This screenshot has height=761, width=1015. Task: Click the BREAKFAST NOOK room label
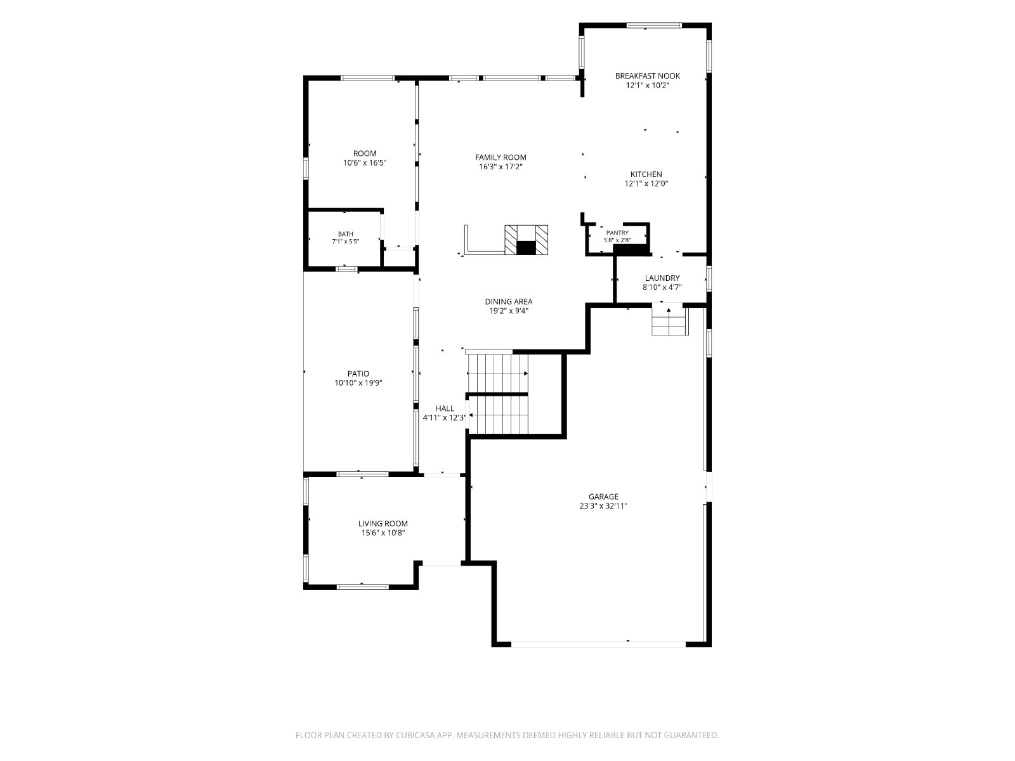(x=648, y=75)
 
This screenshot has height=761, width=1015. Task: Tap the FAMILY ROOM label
(x=501, y=157)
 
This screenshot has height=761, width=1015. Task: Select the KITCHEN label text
(x=646, y=174)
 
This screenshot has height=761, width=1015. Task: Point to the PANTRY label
(x=617, y=233)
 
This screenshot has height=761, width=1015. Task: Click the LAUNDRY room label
(x=662, y=278)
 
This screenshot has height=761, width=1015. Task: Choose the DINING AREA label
(x=509, y=302)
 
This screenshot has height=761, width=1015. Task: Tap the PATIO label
(x=358, y=374)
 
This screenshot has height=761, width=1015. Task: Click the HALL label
(x=445, y=408)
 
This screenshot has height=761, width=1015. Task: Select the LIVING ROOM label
(x=383, y=524)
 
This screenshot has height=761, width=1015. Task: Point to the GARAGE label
(x=603, y=497)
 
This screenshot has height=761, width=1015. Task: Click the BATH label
(x=346, y=234)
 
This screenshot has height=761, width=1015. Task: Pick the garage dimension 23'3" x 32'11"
(x=603, y=506)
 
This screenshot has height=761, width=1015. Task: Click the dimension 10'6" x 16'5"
(x=365, y=162)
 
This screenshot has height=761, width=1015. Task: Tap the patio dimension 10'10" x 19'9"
(x=358, y=383)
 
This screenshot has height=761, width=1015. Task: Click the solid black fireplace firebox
(x=526, y=248)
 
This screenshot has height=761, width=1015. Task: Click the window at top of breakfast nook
(x=654, y=25)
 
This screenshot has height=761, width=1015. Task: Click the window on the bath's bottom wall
(x=346, y=269)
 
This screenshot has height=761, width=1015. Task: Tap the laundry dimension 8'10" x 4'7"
(x=662, y=287)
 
